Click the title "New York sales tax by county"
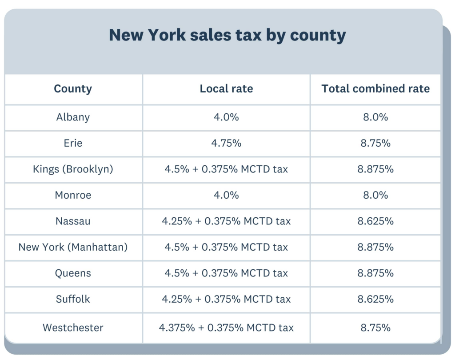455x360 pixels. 227,35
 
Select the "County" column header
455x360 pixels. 73,89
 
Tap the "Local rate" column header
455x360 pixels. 226,89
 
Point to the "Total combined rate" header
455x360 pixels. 375,89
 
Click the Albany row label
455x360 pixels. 73,117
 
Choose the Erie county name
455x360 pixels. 73,143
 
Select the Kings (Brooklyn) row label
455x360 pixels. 73,169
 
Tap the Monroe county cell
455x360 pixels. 73,195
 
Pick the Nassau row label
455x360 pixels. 73,221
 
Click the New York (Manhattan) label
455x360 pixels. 73,247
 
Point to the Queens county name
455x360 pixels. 73,273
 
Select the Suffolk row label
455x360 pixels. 73,299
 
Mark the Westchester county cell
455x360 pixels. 73,328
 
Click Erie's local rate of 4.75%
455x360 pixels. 226,143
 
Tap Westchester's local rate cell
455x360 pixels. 226,328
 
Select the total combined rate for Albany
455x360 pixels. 375,117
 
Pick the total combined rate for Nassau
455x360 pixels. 375,221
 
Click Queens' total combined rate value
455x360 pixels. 375,273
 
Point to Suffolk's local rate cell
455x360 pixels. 226,299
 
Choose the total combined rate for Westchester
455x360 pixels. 375,328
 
